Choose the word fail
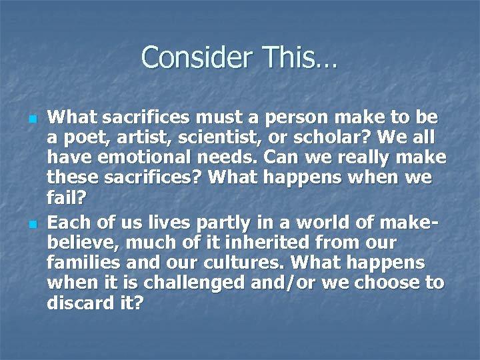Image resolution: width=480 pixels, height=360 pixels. (64, 199)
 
